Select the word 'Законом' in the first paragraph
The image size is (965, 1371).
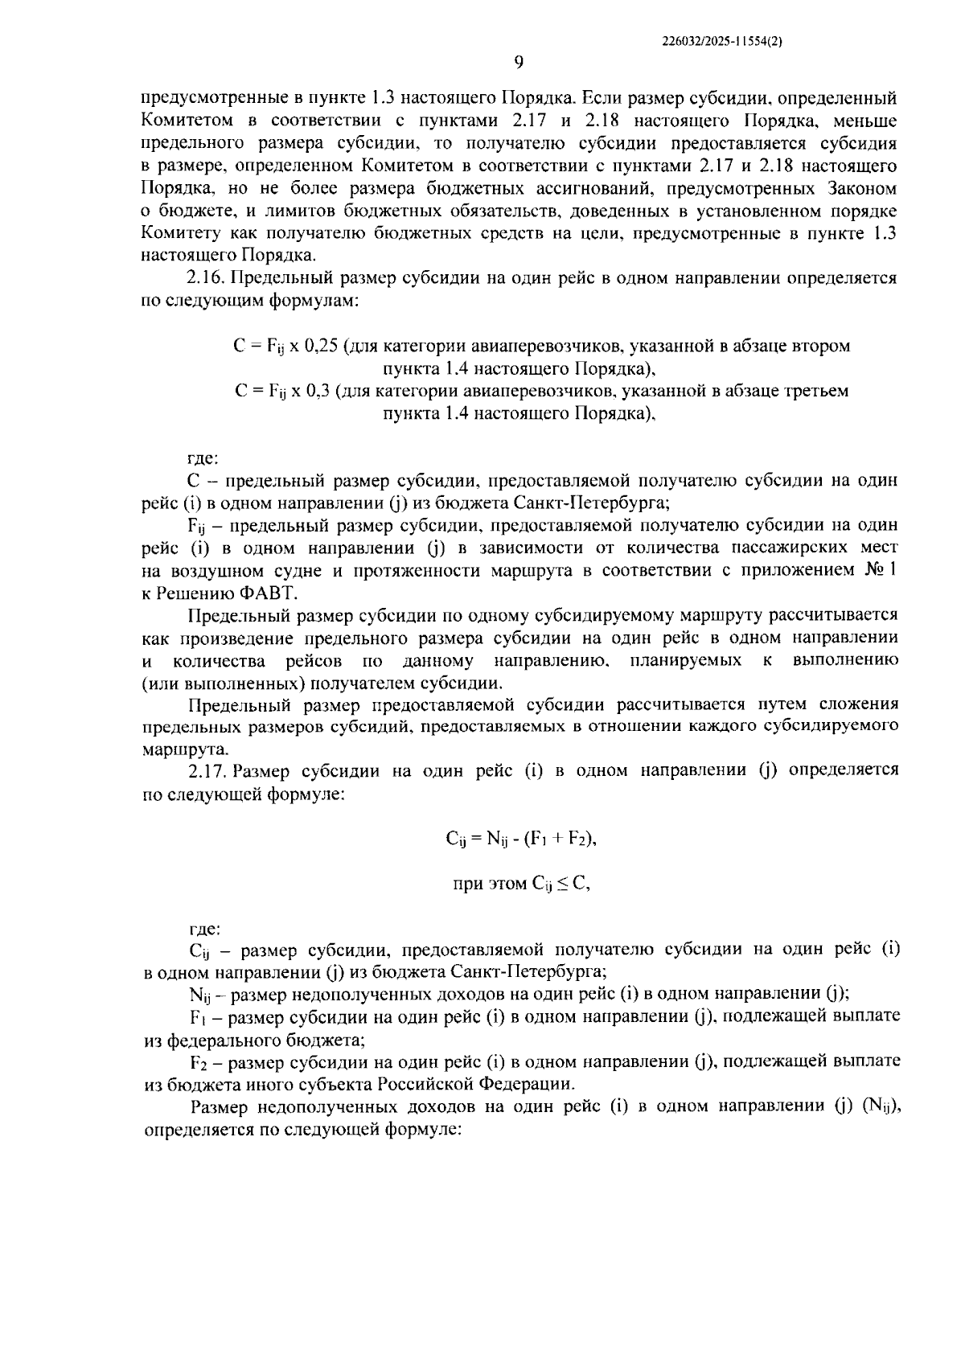861,189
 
